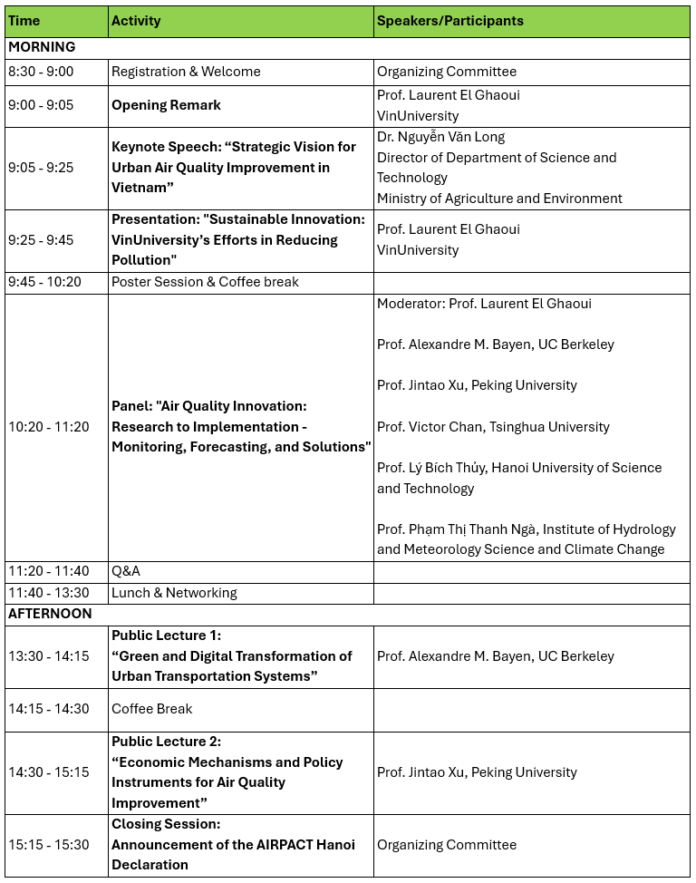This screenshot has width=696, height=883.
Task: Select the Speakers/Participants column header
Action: [x=449, y=21]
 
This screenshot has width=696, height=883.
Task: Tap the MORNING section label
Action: [x=42, y=47]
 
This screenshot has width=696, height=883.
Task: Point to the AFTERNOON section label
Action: [x=50, y=614]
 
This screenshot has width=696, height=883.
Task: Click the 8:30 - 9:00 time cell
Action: [x=41, y=72]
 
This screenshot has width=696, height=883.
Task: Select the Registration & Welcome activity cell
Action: [x=186, y=72]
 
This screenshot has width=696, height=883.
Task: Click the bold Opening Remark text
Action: [x=166, y=105]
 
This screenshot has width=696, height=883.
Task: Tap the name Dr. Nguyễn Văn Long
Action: [x=440, y=137]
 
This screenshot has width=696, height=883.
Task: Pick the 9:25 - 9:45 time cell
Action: [x=41, y=240]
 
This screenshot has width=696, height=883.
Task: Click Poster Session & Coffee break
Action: [x=205, y=282]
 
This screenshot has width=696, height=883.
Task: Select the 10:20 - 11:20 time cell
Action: [x=49, y=426]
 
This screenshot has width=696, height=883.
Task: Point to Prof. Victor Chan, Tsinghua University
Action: [x=493, y=427]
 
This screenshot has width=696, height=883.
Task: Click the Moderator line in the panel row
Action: [x=484, y=304]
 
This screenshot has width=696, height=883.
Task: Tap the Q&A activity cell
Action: [x=126, y=571]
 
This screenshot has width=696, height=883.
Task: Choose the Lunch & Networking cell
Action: [x=174, y=593]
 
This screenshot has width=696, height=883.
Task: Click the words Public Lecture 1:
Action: [x=166, y=636]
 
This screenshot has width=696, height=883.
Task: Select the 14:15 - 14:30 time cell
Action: [x=49, y=709]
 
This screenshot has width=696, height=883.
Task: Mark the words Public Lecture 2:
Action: [x=166, y=742]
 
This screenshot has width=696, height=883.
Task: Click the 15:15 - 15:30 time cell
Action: [x=49, y=845]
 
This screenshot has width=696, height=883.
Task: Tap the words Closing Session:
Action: [x=166, y=824]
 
